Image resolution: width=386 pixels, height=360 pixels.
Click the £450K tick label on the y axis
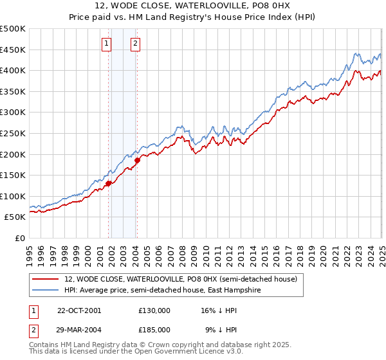(x=13, y=50)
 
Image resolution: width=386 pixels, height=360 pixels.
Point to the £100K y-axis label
(x=13, y=196)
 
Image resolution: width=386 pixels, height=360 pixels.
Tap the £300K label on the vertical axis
(x=13, y=113)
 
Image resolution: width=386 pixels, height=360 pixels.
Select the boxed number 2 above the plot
(x=136, y=44)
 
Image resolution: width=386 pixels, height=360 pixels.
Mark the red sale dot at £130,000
(x=108, y=183)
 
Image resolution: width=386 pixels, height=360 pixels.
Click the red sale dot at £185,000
(x=137, y=160)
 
